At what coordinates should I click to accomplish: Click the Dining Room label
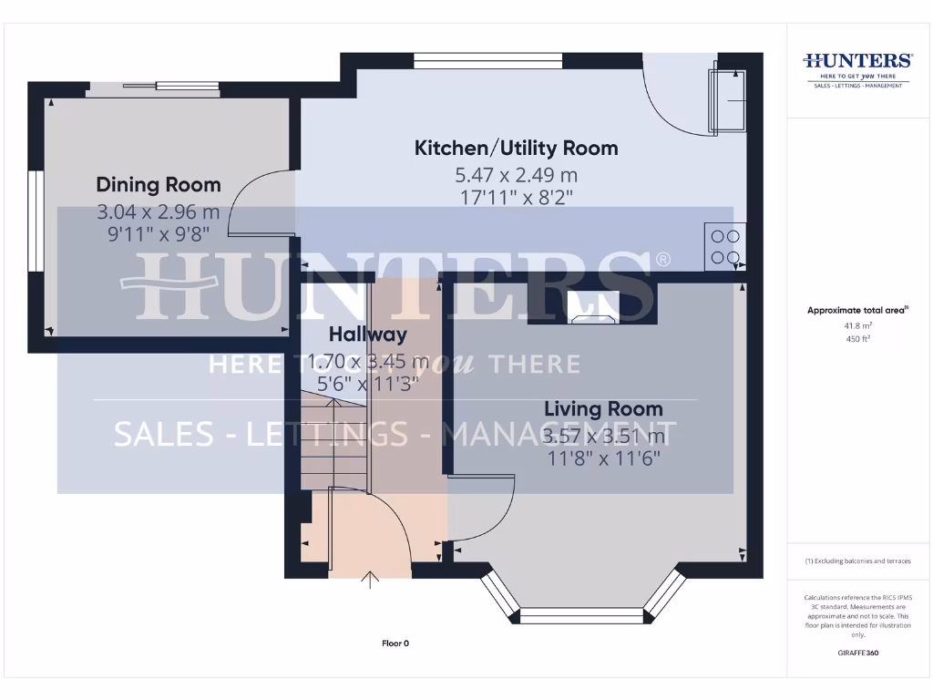pos(159,185)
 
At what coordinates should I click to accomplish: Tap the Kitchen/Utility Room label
pos(516,148)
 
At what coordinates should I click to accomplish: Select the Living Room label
pos(603,409)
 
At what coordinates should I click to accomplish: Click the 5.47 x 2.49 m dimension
pos(516,175)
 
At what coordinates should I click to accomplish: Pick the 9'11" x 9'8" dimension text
pos(159,233)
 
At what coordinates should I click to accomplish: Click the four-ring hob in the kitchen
pos(724,246)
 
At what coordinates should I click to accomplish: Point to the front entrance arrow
pos(371,580)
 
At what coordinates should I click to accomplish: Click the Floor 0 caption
pos(395,643)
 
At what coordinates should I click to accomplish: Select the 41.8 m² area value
pos(857,325)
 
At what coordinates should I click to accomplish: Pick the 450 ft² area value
pos(857,338)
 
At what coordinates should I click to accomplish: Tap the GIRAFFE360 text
pos(857,653)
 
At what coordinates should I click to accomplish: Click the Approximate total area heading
pos(856,311)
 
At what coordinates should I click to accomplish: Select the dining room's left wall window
pos(36,221)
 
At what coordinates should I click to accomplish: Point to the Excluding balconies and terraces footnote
pos(857,561)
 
